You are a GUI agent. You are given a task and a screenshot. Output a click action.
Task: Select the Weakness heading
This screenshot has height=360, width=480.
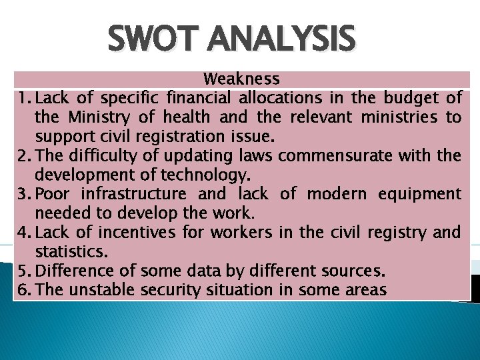(x=241, y=79)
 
